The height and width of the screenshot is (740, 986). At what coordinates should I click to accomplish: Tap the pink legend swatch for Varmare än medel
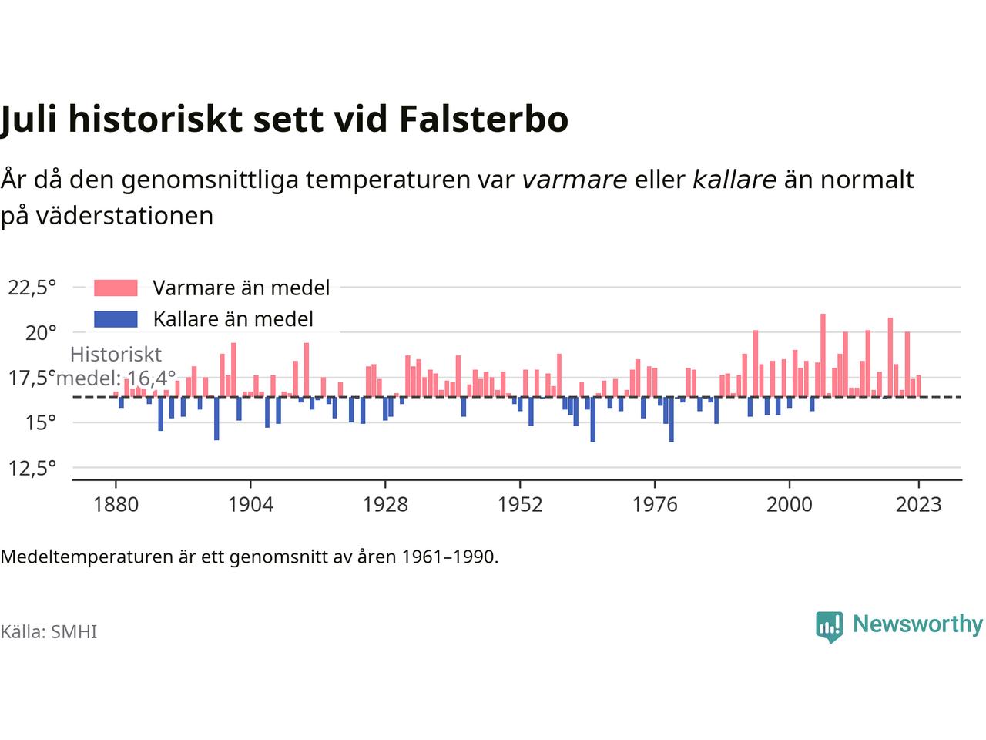click(116, 288)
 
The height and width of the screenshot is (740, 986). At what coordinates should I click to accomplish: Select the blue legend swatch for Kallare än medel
click(116, 319)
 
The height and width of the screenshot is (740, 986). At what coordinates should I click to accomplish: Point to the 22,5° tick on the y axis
click(32, 288)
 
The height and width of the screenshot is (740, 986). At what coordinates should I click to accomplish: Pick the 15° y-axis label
click(41, 422)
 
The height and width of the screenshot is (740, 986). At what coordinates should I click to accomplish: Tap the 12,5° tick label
click(32, 468)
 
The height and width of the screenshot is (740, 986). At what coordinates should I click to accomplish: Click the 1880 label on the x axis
click(116, 504)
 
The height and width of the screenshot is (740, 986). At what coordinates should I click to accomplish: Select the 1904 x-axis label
click(250, 504)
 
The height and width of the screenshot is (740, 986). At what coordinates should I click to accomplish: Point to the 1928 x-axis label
click(385, 504)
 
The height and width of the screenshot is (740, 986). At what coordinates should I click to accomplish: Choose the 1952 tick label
click(520, 504)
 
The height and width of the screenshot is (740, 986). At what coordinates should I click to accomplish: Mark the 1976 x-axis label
click(655, 504)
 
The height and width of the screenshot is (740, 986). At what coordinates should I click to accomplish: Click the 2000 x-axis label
click(790, 504)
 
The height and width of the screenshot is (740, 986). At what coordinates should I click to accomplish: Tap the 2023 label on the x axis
click(919, 504)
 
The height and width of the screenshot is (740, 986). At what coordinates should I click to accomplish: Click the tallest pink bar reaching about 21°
click(823, 355)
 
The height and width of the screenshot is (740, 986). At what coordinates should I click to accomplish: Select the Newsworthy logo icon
click(829, 627)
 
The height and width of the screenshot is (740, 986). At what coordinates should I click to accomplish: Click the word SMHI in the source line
click(74, 632)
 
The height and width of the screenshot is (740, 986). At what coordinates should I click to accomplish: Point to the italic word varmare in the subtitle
click(575, 180)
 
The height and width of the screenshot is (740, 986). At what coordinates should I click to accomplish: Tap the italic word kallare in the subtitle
click(734, 180)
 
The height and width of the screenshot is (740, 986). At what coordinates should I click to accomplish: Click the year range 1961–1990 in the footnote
click(448, 557)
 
